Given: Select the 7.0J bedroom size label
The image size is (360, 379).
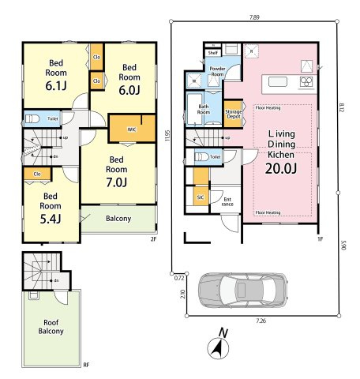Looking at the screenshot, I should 117,181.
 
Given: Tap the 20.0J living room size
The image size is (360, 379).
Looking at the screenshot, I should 280,167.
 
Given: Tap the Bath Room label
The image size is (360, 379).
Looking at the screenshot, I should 204,110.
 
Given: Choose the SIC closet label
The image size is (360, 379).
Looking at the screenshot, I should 201,197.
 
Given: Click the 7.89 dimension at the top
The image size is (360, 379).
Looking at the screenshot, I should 253,16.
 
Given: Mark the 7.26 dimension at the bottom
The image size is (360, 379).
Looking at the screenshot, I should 261,321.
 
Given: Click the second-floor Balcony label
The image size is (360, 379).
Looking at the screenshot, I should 118,219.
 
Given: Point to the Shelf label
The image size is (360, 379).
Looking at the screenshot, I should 212,53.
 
